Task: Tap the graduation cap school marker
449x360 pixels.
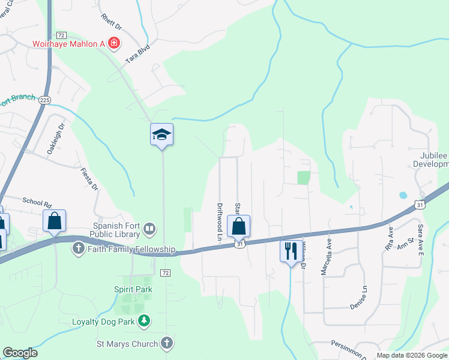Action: (161, 134)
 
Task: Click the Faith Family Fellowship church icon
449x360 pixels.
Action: (79, 249)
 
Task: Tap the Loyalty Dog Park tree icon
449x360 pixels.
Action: (144, 322)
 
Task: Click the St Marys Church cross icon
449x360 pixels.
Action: (167, 344)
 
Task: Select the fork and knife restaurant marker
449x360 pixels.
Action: (291, 250)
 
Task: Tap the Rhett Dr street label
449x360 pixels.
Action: (111, 23)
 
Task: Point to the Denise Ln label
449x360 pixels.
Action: (361, 298)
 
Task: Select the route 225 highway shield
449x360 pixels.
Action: (44, 100)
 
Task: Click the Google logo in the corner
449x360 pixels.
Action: (20, 353)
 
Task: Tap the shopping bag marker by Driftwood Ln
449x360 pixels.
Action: (239, 226)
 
